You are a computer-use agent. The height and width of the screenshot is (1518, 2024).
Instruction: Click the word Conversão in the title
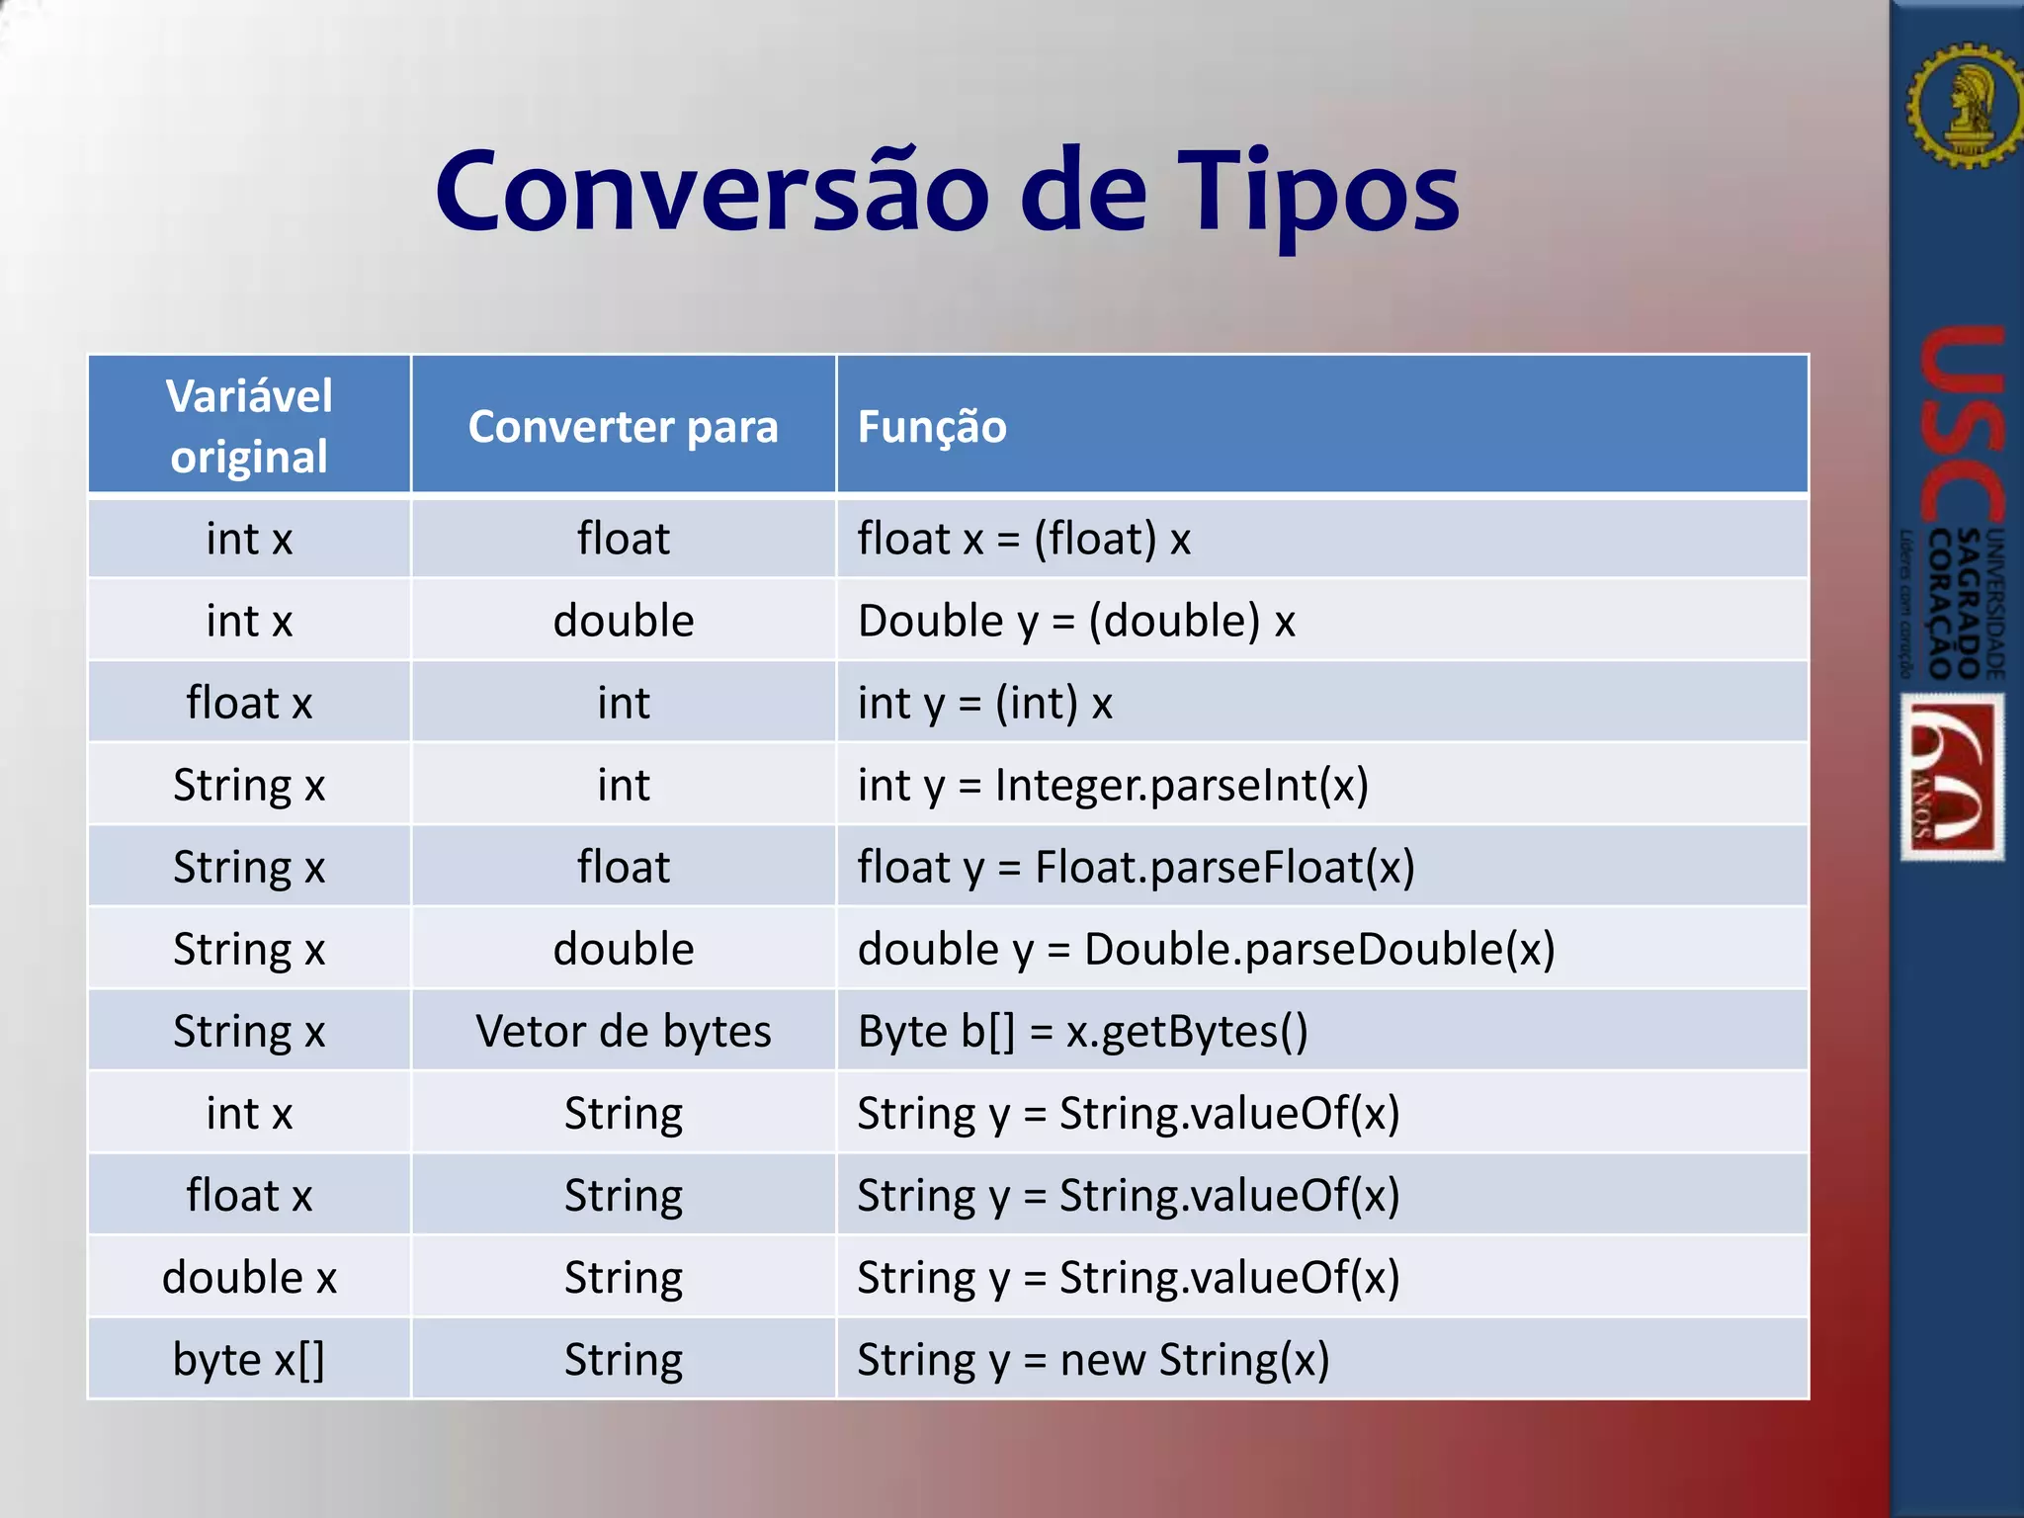pyautogui.click(x=712, y=191)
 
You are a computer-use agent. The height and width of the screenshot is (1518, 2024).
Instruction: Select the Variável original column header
pyautogui.click(x=249, y=425)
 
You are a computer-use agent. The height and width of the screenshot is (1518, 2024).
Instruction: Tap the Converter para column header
pyautogui.click(x=623, y=426)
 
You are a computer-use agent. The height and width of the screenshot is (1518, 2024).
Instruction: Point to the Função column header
pyautogui.click(x=932, y=426)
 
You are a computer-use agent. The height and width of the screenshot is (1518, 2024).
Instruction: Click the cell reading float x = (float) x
pyautogui.click(x=1024, y=539)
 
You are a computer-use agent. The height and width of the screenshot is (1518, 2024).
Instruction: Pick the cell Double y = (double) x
pyautogui.click(x=1076, y=621)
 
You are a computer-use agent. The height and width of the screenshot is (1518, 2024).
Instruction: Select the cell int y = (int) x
pyautogui.click(x=985, y=703)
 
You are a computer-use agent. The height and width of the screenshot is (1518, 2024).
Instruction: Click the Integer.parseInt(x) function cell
pyautogui.click(x=1113, y=785)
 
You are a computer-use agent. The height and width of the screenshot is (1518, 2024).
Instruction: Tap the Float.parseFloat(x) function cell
pyautogui.click(x=1136, y=867)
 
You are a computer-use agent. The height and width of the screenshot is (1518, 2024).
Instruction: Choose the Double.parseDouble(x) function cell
pyautogui.click(x=1206, y=949)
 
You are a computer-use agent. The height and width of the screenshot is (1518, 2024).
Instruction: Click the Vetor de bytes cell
pyautogui.click(x=623, y=1031)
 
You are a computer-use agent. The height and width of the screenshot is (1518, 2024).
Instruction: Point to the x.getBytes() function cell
pyautogui.click(x=1082, y=1031)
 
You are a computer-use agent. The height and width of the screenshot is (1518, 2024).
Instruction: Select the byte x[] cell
pyautogui.click(x=249, y=1359)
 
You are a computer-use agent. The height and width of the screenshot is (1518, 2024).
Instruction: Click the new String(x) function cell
pyautogui.click(x=1093, y=1359)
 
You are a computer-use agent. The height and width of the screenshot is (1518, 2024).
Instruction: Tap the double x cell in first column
pyautogui.click(x=249, y=1277)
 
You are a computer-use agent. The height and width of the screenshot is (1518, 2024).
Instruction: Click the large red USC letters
pyautogui.click(x=1961, y=425)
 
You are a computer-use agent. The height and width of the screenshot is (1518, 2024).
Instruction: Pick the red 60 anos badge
pyautogui.click(x=1952, y=777)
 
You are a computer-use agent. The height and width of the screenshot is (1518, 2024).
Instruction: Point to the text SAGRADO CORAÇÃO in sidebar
pyautogui.click(x=1955, y=604)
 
